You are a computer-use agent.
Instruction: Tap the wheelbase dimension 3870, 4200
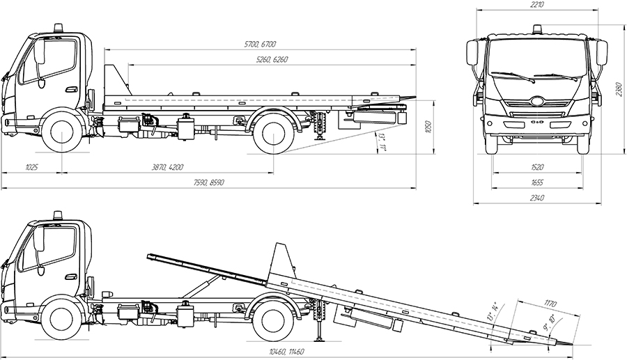167,168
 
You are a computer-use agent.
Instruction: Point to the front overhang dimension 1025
31,168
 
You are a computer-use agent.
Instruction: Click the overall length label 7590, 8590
212,182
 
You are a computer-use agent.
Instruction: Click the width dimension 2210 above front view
537,5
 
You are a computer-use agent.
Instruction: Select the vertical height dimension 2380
618,90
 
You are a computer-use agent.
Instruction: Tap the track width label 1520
537,168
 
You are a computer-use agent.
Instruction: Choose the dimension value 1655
537,182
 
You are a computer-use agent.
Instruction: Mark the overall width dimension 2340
537,198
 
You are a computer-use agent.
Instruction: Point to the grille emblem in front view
537,100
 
